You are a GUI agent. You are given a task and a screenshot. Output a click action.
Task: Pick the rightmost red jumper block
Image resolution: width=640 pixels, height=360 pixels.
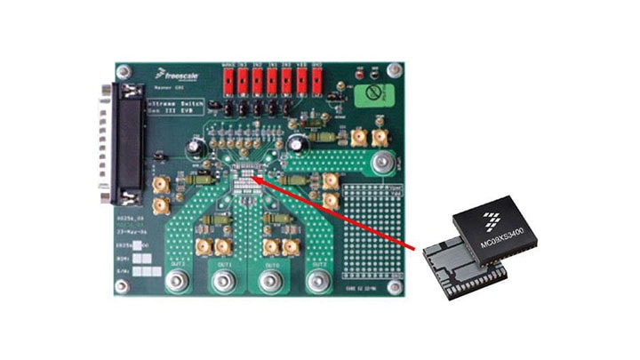(x=316, y=82)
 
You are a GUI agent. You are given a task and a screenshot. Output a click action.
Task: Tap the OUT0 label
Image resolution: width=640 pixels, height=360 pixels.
(x=272, y=266)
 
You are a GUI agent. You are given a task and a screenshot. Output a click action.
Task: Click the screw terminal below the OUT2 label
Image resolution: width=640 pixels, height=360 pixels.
(x=318, y=283)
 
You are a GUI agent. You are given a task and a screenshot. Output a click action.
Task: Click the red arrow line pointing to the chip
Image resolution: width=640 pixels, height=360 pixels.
(x=338, y=211)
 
